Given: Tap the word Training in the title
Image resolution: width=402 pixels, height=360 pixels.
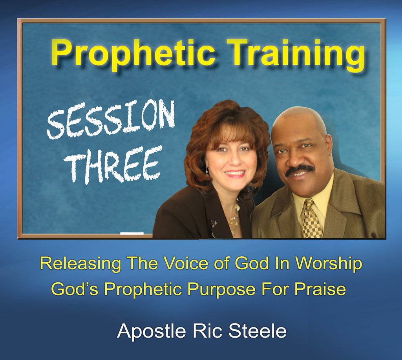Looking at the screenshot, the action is coord(296,55).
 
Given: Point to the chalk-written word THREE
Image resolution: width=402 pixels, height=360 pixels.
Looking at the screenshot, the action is coord(113,164).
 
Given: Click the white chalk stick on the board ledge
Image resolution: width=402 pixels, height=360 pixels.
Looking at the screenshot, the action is coord(132,233).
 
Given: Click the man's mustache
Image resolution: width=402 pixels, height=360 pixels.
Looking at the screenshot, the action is coord(300,170).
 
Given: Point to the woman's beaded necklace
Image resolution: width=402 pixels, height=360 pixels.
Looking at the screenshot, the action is coord(234,217).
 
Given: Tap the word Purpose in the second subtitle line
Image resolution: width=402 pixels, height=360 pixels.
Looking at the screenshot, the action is coord(221,289).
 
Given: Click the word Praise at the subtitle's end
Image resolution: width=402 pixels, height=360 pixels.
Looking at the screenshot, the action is coord(320,289).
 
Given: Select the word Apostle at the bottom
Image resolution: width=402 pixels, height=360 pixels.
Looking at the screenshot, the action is coord(151,331).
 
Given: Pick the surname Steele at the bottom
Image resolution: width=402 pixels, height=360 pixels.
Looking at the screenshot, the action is coord(257,331).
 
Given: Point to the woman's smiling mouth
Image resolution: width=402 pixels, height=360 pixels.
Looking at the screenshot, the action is coord(235,174).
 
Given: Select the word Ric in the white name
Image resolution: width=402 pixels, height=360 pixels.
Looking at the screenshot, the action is coord(207,331).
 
